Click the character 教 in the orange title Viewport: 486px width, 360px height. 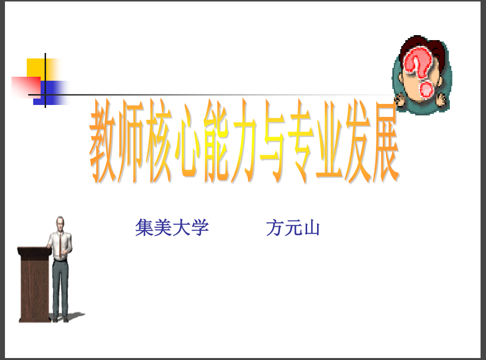pos(103,141)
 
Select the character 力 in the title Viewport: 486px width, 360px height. pos(244,141)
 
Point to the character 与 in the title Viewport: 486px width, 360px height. pos(272,141)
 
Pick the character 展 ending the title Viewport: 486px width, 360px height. pos(386,141)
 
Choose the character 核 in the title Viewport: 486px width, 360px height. pos(159,141)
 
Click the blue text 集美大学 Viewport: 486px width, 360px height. pos(172,228)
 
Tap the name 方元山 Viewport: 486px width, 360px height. pos(293,228)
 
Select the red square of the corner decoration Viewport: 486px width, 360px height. pos(26,87)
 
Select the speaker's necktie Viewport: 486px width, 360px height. pos(60,246)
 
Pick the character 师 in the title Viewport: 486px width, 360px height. pos(131,141)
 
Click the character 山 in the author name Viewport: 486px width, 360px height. pos(312,228)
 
